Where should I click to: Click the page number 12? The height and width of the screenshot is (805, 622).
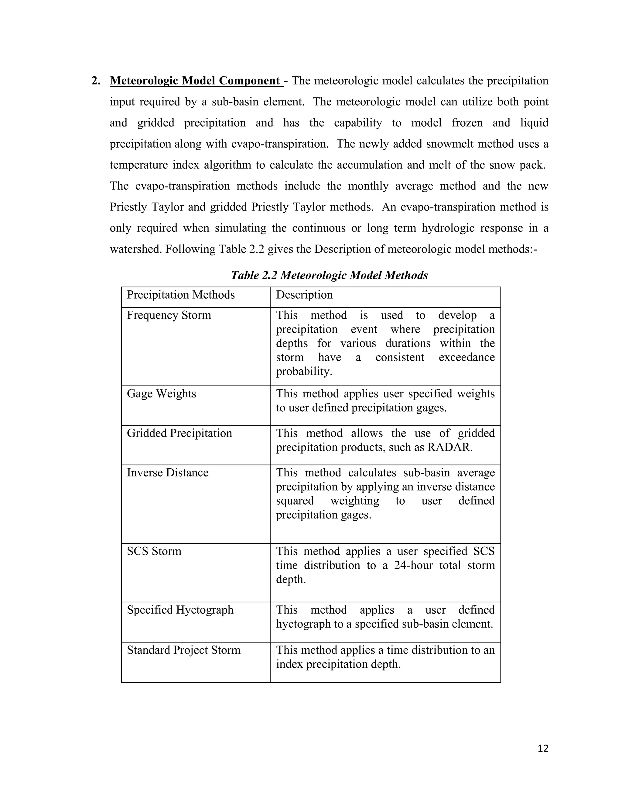(x=543, y=748)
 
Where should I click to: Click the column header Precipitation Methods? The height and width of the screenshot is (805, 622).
(x=181, y=295)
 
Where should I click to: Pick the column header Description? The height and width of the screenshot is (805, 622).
(x=304, y=295)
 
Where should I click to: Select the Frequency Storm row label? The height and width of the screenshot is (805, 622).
(x=169, y=315)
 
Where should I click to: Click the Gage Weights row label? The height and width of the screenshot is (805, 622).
(x=161, y=394)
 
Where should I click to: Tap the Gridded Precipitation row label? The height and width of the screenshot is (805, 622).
(x=179, y=433)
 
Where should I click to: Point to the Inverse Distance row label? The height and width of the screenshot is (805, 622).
(x=167, y=473)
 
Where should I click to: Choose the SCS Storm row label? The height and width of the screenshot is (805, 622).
(x=154, y=551)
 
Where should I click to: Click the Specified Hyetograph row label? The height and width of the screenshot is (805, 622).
(x=180, y=610)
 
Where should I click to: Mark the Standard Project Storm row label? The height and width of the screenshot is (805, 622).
(x=183, y=650)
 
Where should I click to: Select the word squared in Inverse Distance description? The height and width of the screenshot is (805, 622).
(x=295, y=501)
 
